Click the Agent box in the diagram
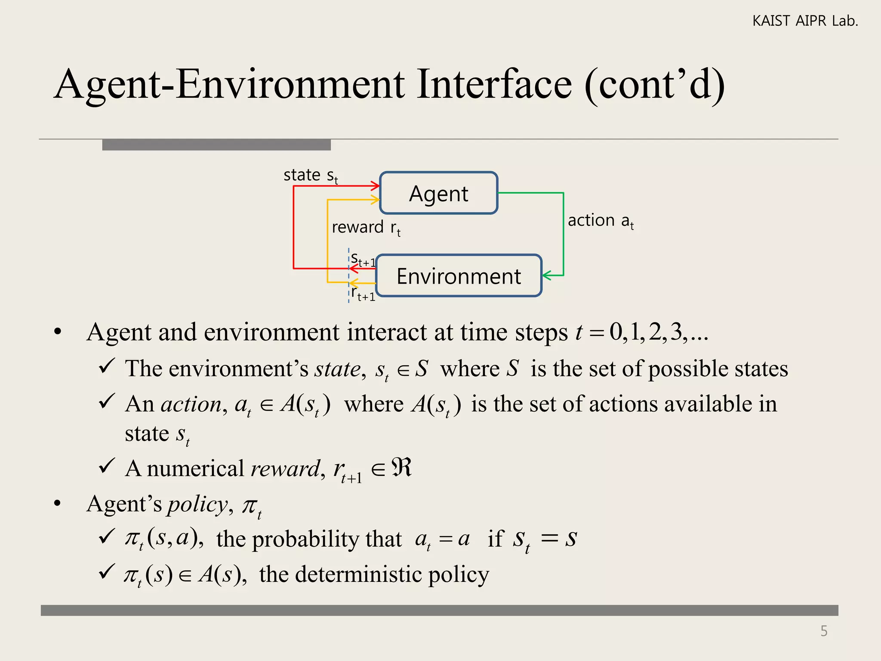point(438,193)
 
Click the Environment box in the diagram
point(459,276)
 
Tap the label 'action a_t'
point(601,221)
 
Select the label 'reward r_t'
point(366,227)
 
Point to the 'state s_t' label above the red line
point(311,176)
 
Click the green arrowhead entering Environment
point(546,275)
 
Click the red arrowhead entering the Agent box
point(375,186)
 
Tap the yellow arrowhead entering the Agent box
point(375,199)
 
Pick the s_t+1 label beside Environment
point(363,259)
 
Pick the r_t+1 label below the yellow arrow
point(363,294)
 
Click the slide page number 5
point(824,631)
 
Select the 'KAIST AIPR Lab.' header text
point(805,21)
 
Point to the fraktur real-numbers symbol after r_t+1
point(402,467)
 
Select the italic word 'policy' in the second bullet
point(197,504)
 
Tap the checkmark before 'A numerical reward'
point(106,466)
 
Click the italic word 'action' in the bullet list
point(191,405)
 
